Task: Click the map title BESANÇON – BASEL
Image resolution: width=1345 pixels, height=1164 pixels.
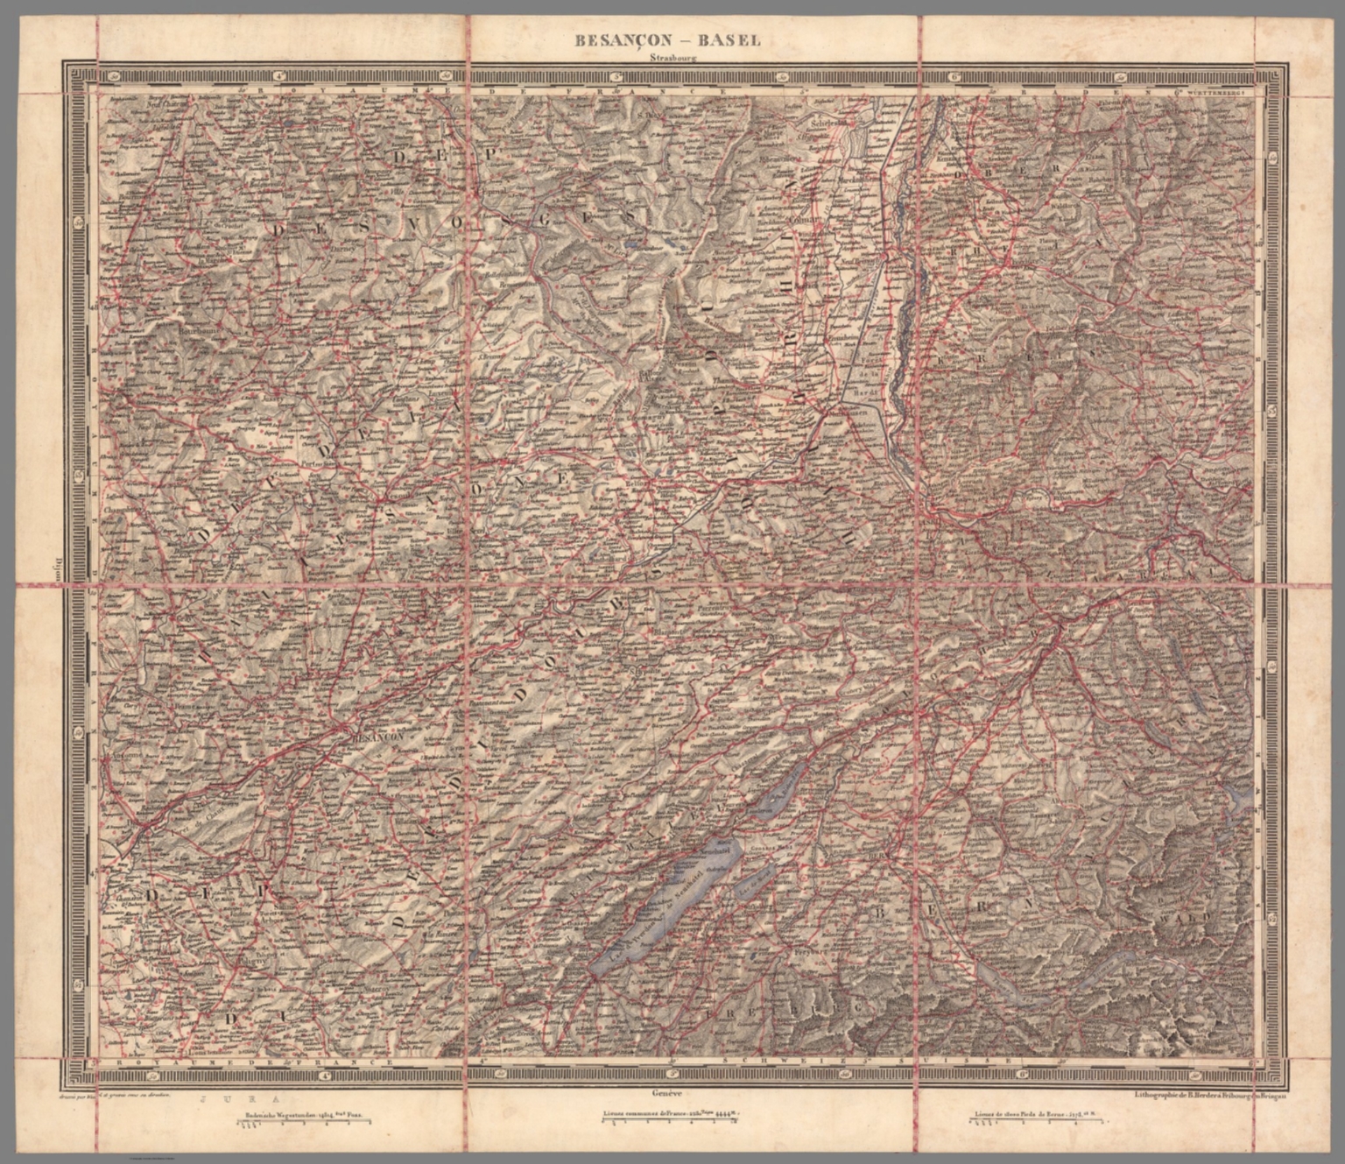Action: (x=667, y=40)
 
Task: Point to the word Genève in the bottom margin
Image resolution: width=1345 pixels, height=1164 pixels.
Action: (x=666, y=1093)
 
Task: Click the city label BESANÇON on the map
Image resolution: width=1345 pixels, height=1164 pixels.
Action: (x=377, y=738)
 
